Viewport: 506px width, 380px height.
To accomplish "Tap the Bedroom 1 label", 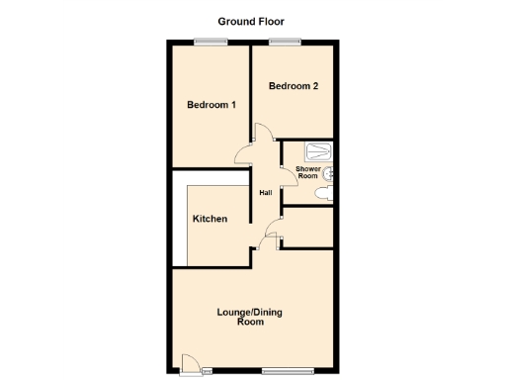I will pos(211,105).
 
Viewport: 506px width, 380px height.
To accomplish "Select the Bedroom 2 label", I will pos(294,86).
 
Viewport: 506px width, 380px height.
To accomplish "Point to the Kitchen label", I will pos(211,219).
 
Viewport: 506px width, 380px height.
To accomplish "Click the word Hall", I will pos(266,192).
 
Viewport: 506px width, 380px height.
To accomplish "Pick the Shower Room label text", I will pos(306,172).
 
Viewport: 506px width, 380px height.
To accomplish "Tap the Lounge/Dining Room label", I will pos(250,318).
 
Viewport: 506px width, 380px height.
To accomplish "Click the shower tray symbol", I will pos(318,151).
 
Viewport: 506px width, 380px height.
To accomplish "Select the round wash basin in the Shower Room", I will pos(331,172).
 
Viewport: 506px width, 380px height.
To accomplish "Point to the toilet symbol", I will pos(323,195).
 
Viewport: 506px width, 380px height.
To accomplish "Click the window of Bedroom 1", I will pos(210,42).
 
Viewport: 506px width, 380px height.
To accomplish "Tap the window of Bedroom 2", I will pos(287,42).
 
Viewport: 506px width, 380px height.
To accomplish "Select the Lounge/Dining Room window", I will pos(289,371).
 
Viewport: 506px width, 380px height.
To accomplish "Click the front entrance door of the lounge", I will pos(190,366).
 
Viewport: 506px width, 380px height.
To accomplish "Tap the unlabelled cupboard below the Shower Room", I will pos(307,227).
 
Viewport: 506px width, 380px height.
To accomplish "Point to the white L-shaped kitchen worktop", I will pos(180,223).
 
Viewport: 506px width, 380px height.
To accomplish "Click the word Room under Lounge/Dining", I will pos(250,324).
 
